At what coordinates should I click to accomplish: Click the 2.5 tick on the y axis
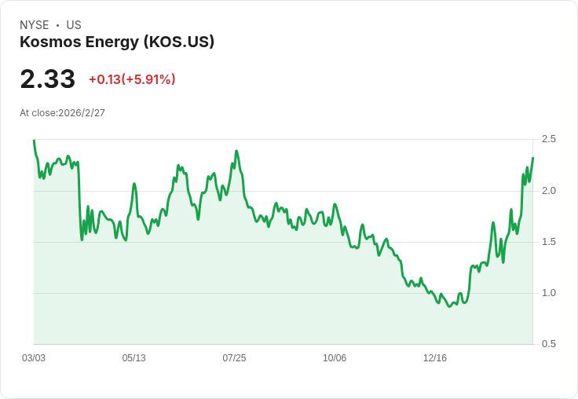point(548,139)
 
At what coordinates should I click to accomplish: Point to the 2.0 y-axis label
point(548,191)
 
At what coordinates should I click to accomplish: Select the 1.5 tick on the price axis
point(548,242)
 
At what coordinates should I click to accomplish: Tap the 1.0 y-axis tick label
point(548,293)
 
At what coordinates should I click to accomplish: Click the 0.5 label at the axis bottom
point(548,344)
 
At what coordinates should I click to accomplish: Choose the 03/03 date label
point(34,358)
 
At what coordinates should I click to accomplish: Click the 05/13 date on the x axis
point(134,358)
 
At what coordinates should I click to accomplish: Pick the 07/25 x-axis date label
point(234,358)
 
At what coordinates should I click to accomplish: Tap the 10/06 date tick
point(335,358)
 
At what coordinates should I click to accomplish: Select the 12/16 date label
point(435,358)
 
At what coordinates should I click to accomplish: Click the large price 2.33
point(47,79)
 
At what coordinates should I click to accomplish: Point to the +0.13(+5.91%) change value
point(132,79)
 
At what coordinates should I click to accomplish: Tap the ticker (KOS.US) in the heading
point(178,42)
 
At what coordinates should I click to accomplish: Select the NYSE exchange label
point(34,25)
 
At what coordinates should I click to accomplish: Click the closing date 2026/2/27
point(82,113)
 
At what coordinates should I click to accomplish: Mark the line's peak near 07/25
point(236,151)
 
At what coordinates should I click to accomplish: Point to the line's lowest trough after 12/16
point(450,306)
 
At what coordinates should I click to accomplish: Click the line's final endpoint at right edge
point(532,159)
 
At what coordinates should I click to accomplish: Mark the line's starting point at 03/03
point(34,141)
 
